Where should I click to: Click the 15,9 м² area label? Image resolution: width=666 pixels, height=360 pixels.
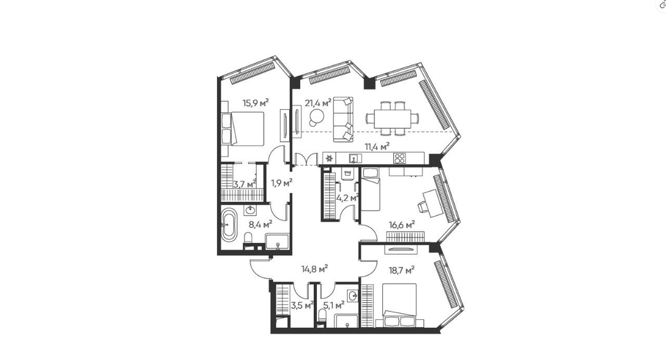click(255, 103)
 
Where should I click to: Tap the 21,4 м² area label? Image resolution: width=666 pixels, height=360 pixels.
click(318, 103)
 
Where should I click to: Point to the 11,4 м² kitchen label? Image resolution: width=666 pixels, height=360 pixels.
click(377, 147)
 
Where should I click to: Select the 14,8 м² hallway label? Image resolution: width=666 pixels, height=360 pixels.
click(314, 269)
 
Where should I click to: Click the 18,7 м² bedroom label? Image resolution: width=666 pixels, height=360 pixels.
click(402, 270)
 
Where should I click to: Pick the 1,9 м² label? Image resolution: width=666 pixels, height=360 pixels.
click(282, 183)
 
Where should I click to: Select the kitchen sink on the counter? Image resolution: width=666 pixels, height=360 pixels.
click(356, 158)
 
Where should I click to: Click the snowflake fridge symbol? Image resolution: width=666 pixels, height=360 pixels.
click(329, 158)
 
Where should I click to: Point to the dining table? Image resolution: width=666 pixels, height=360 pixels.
click(392, 118)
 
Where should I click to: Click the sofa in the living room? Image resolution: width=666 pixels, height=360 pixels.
click(343, 120)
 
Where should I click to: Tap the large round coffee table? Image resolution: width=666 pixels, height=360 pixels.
click(316, 116)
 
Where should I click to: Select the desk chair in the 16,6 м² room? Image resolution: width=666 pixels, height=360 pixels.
click(422, 207)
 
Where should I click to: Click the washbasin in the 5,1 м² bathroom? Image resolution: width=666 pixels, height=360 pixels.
click(353, 296)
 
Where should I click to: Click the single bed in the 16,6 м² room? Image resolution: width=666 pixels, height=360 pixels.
click(371, 189)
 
